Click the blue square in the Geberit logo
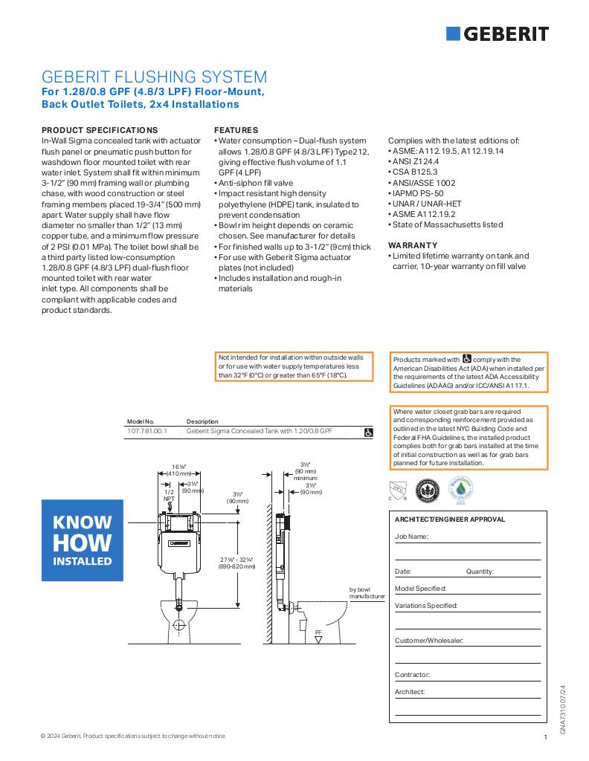pyautogui.click(x=454, y=33)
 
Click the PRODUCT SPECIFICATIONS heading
pyautogui.click(x=100, y=130)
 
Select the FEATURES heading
pyautogui.click(x=236, y=130)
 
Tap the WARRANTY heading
pyautogui.click(x=413, y=245)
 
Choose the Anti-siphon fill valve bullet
pyautogui.click(x=255, y=183)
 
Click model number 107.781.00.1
pyautogui.click(x=147, y=431)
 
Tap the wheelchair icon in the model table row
pyautogui.click(x=367, y=432)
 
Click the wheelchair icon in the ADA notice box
pyautogui.click(x=467, y=358)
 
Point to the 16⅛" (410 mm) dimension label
pyautogui.click(x=179, y=470)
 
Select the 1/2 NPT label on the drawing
pyautogui.click(x=169, y=495)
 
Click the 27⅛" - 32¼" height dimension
pyautogui.click(x=237, y=563)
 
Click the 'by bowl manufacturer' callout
pyautogui.click(x=367, y=593)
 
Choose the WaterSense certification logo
pyautogui.click(x=459, y=490)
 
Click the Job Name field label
pyautogui.click(x=411, y=536)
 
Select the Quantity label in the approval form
pyautogui.click(x=480, y=571)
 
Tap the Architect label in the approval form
pyautogui.click(x=410, y=692)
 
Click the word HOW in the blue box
pyautogui.click(x=82, y=543)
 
